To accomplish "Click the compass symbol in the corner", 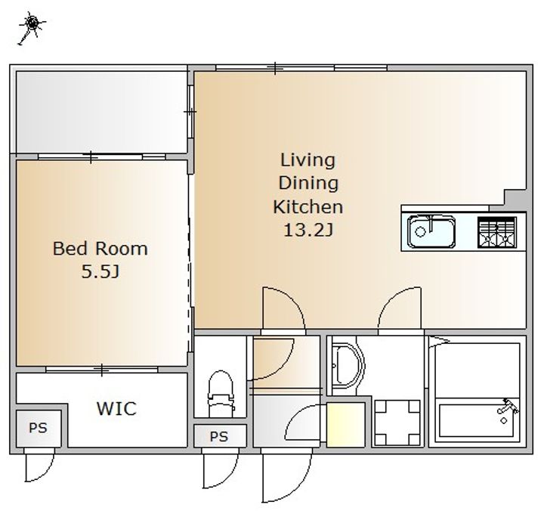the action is tap(32, 25).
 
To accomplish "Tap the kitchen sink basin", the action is tap(431, 231).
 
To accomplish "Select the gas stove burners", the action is tap(497, 233).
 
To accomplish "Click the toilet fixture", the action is tap(221, 393).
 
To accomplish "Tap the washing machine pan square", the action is tap(397, 423).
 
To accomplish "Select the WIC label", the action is tap(116, 409).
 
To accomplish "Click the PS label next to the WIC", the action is tap(38, 428).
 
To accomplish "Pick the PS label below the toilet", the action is tap(219, 436).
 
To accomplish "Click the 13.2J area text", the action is tap(308, 230).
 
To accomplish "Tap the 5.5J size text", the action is tap(100, 271).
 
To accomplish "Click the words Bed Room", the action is tap(100, 249).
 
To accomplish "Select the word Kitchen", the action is tap(308, 207).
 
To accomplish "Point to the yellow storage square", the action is tap(345, 425).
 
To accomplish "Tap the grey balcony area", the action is tap(101, 112).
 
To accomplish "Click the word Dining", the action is tap(308, 183).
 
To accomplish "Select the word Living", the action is tap(308, 160).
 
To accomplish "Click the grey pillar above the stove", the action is tap(515, 200).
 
